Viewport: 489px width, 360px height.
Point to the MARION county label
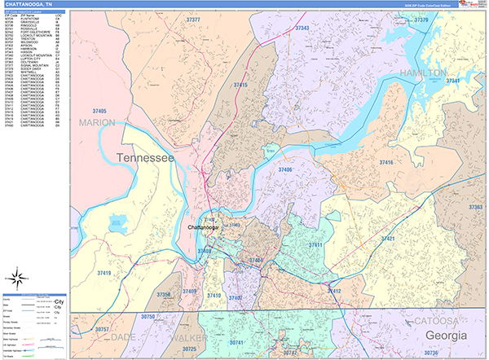[98, 122]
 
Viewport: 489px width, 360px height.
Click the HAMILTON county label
[422, 72]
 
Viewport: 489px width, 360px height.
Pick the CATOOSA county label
[436, 320]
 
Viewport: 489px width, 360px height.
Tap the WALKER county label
[190, 336]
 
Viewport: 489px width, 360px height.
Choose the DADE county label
[123, 336]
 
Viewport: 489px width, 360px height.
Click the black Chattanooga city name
[209, 227]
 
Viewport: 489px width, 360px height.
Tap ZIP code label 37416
[385, 163]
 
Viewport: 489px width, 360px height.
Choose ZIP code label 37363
[475, 208]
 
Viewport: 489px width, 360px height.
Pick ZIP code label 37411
[316, 245]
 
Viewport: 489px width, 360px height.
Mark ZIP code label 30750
[148, 315]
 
